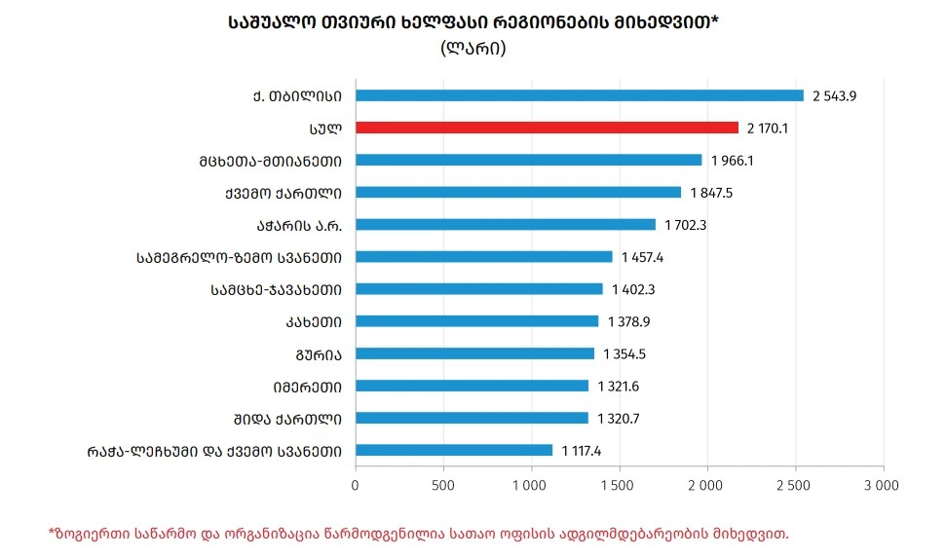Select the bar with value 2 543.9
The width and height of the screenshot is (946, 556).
(x=580, y=95)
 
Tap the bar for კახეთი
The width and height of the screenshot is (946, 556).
(x=476, y=321)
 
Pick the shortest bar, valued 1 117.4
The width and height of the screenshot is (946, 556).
(x=454, y=450)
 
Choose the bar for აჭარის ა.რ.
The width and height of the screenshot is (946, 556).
(x=506, y=225)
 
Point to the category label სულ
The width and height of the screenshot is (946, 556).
(x=326, y=128)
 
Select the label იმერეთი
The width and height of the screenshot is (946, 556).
(x=308, y=386)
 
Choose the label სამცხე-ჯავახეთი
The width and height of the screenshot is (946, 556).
(x=276, y=289)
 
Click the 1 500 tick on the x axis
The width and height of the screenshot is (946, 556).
(x=619, y=483)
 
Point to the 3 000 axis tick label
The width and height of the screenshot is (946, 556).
(x=882, y=483)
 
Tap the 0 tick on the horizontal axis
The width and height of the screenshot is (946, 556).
(x=356, y=483)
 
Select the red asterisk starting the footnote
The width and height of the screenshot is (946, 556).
(x=52, y=532)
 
